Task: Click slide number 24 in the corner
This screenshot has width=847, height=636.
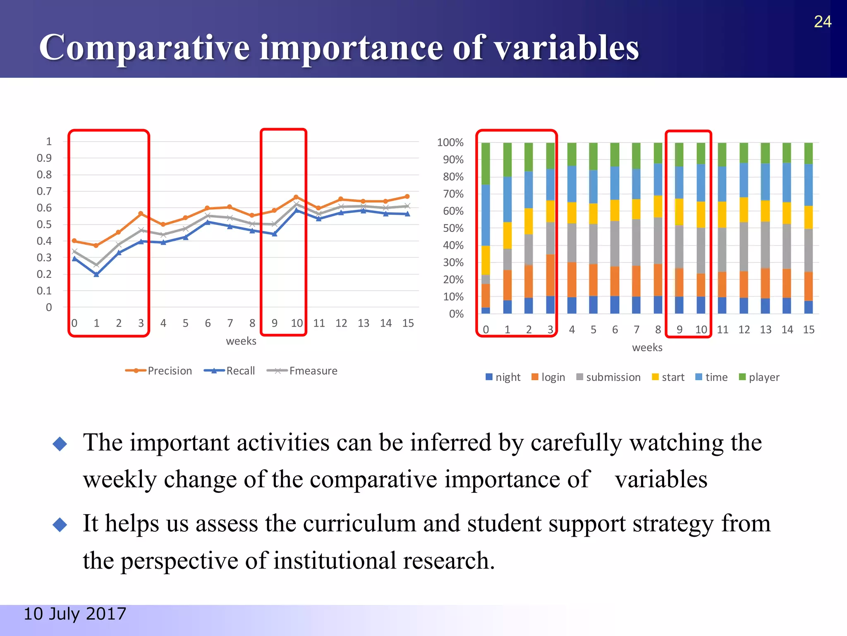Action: click(822, 22)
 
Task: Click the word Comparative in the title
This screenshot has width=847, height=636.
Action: click(144, 47)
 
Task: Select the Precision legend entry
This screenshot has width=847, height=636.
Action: click(170, 371)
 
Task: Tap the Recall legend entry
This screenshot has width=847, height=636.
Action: click(240, 371)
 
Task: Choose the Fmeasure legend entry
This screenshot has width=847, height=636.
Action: click(313, 371)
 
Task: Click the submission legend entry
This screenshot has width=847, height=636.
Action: click(613, 377)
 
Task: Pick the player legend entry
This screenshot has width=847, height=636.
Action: click(763, 377)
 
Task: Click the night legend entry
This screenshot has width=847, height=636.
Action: click(507, 377)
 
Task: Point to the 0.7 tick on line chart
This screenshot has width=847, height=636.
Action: click(44, 191)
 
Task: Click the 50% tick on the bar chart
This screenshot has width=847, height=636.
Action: click(453, 228)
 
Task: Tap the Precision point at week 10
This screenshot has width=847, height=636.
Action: click(296, 197)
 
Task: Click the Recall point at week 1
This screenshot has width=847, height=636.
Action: click(96, 275)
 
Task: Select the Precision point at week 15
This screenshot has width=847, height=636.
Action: click(407, 196)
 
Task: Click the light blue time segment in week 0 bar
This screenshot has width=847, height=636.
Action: click(486, 215)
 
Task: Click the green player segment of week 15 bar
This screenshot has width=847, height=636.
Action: click(808, 153)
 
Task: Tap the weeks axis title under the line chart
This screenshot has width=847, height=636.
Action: click(241, 341)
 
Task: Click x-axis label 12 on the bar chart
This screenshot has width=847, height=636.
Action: click(744, 330)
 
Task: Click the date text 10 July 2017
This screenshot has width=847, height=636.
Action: click(75, 614)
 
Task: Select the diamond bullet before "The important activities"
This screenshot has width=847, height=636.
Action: click(60, 444)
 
